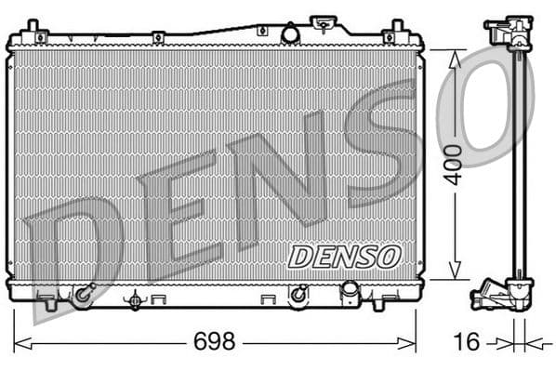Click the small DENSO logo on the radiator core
343,256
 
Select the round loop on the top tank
290,33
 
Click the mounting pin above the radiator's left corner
33,24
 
